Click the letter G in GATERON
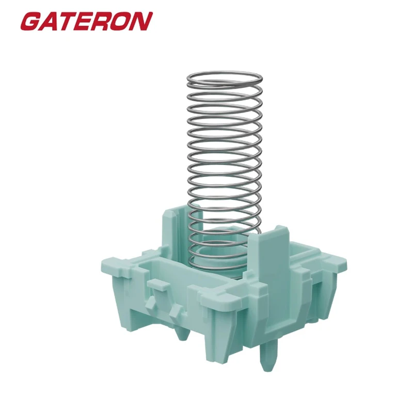(31, 21)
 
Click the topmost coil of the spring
(224, 76)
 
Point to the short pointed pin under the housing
(182, 333)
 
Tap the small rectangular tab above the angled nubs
(155, 284)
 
